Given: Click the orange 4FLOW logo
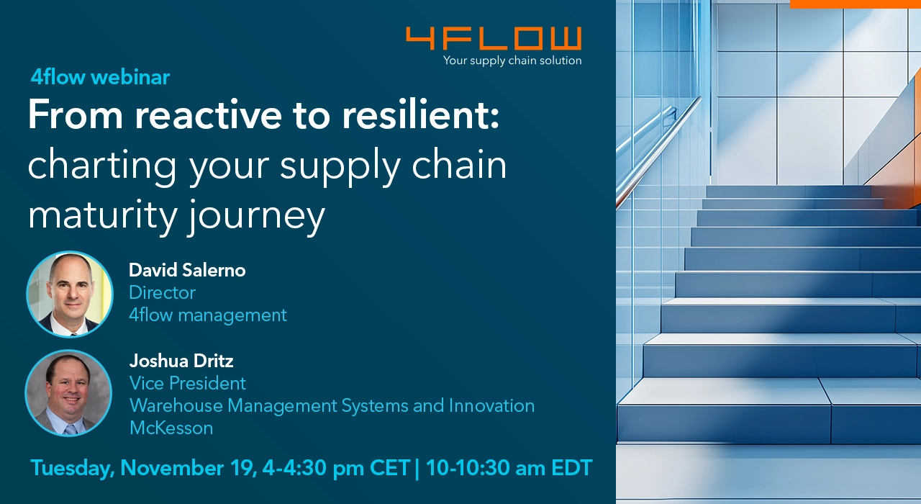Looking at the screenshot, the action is coord(494,38).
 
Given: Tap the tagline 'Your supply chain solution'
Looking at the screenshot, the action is coord(512,60).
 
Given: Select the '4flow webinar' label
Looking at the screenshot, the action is coord(100,77).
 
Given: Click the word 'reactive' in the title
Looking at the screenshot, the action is coord(208,114).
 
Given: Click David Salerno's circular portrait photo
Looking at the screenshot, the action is coord(70,294).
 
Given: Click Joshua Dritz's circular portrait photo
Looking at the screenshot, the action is coord(68,393).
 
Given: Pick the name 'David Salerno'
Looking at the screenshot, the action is coord(187,270).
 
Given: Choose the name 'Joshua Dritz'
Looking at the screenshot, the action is coord(181,361).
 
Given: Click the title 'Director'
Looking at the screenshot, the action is coord(162,292).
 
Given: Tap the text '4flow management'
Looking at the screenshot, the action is coord(208,315).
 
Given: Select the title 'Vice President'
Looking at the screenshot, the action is coord(188,383).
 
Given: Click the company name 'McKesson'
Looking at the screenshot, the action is coord(171,428).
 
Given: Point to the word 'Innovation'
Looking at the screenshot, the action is coord(491,405).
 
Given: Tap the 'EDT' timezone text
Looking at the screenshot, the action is coord(572,468).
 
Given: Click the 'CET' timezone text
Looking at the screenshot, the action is coord(390,468).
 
